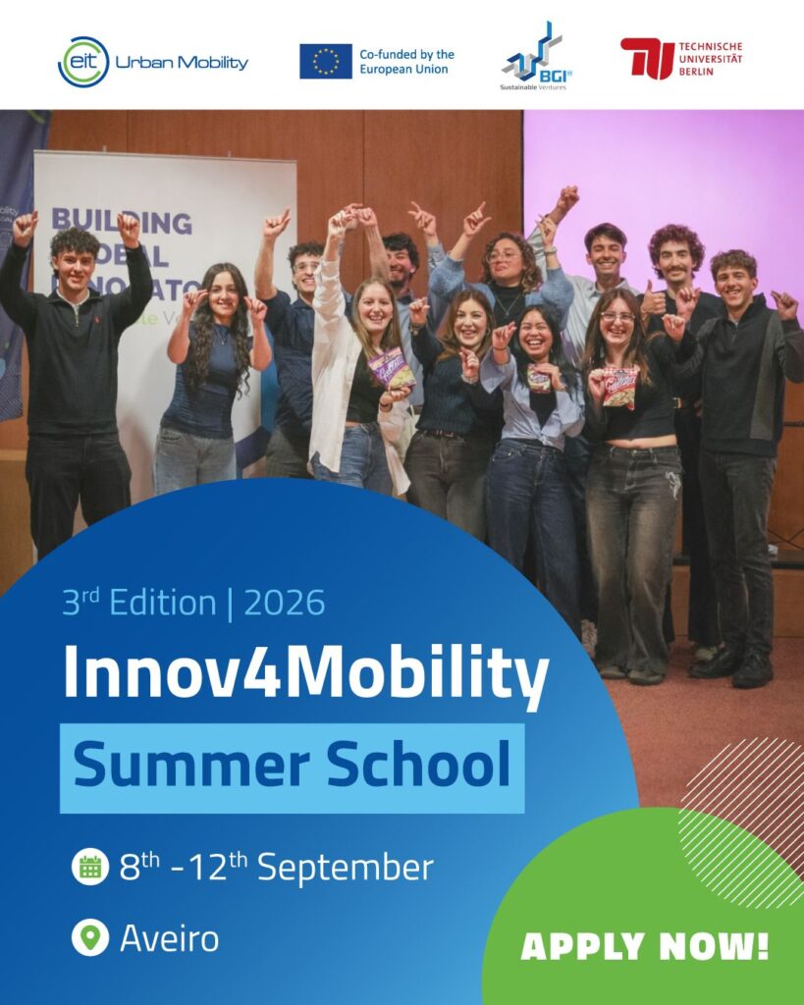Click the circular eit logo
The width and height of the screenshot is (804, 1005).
pos(82,62)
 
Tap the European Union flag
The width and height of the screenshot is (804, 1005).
pos(326,61)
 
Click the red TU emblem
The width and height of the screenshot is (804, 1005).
pos(647,58)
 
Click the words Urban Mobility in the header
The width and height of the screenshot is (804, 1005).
pos(182,63)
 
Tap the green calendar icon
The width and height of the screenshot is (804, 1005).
pos(90,867)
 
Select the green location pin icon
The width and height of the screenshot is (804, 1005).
pos(90,937)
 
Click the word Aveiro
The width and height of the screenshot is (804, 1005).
pos(169,938)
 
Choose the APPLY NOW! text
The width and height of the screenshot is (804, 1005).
pos(644,946)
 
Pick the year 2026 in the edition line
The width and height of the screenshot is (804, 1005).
pos(285,603)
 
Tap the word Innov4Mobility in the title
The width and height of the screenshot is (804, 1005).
pos(305,673)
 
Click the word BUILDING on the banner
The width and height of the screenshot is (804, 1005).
pos(122,221)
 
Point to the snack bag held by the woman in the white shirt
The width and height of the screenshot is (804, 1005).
pos(391,368)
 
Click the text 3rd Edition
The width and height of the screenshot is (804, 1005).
pos(138,603)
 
